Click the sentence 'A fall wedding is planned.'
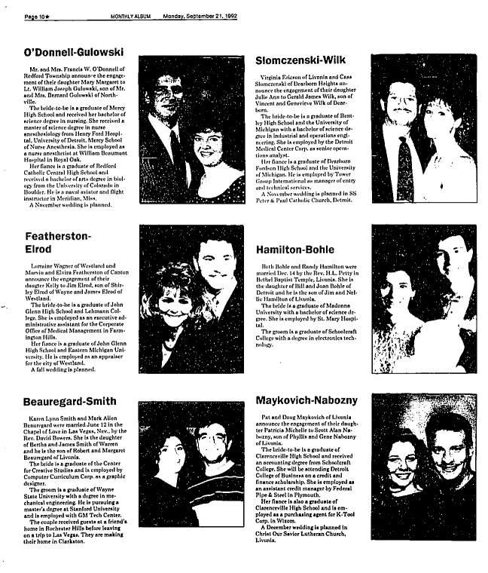click(64, 370)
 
